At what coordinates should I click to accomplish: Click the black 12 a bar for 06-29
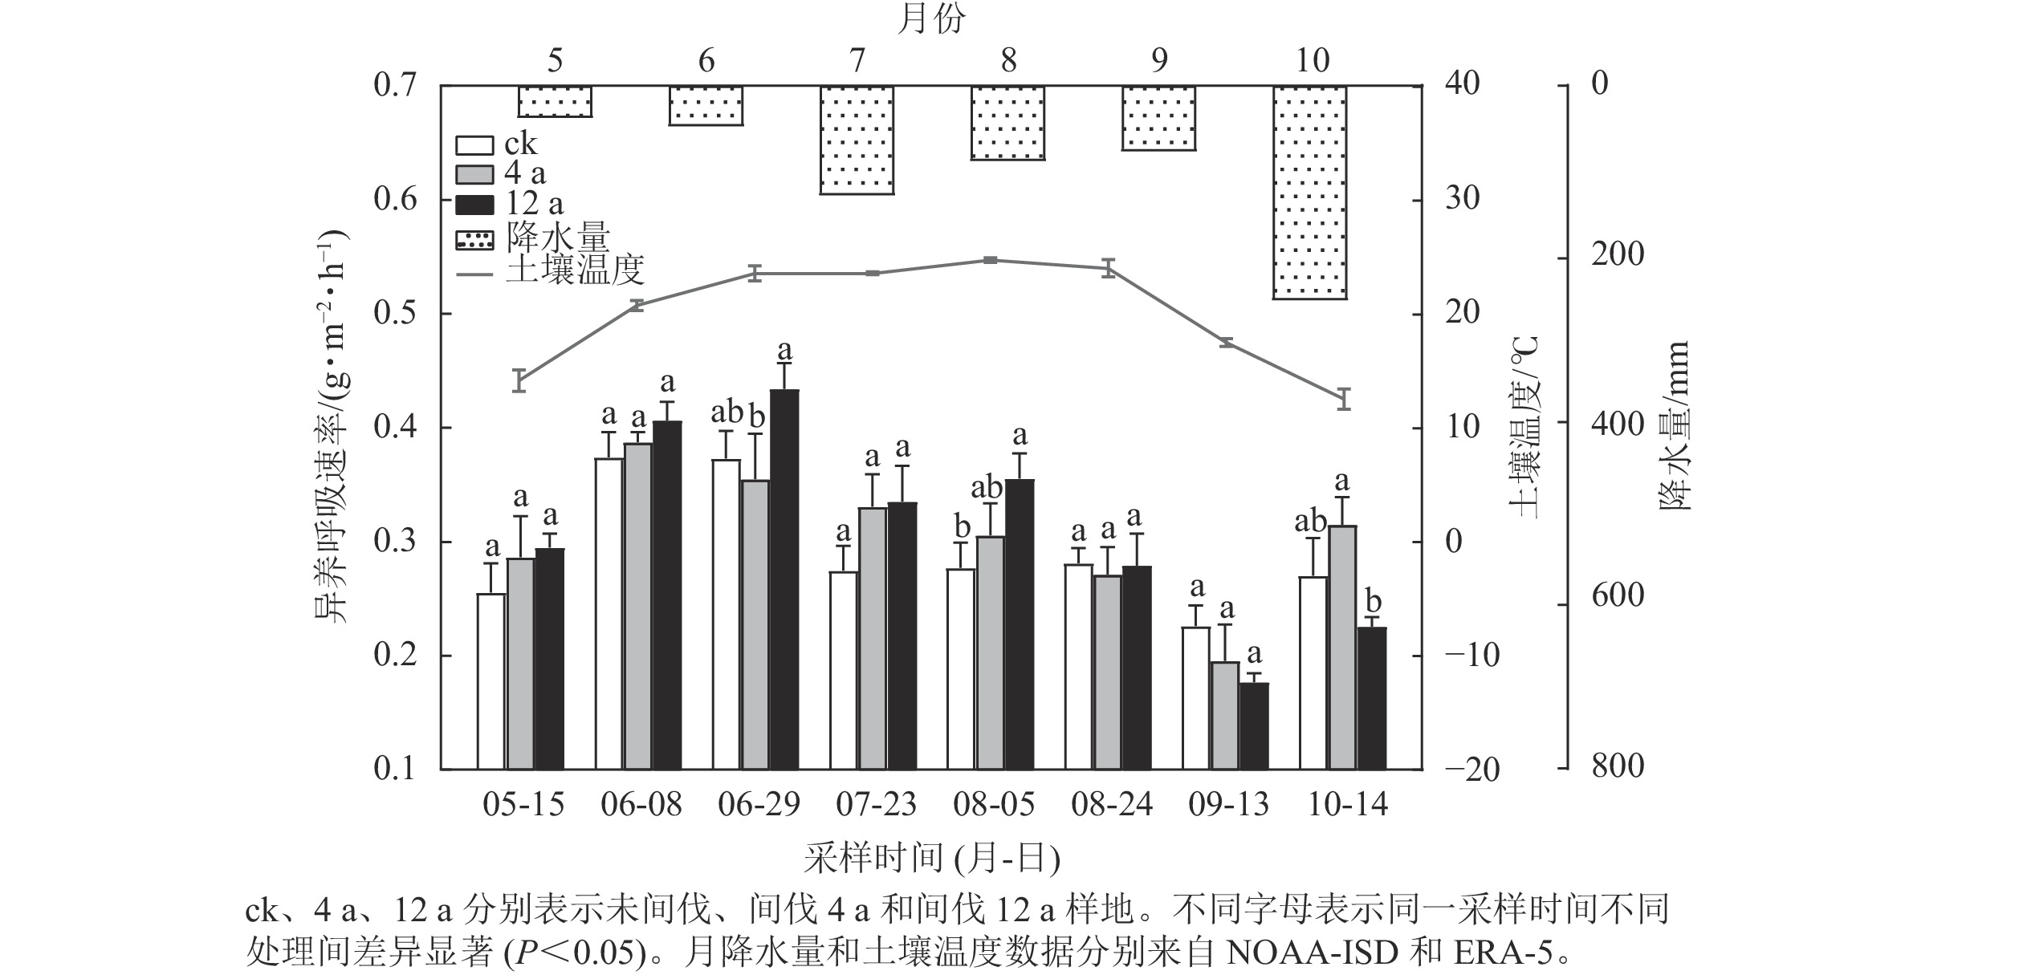(784, 578)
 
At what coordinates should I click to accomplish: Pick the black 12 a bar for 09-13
(1254, 725)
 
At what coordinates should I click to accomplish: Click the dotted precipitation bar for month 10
(1310, 193)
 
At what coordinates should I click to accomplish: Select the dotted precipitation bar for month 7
(857, 140)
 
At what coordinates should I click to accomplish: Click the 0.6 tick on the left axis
(396, 200)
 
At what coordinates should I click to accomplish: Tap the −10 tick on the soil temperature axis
(1471, 656)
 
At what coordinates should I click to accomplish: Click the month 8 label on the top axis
(1007, 61)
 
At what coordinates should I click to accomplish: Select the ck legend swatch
(474, 145)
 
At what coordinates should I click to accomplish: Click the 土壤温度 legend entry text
(575, 271)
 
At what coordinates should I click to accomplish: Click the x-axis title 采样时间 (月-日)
(931, 859)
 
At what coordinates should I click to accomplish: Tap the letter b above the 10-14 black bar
(1373, 603)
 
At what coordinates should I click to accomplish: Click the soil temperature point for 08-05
(990, 260)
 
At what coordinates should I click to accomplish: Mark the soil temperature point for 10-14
(1345, 398)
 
